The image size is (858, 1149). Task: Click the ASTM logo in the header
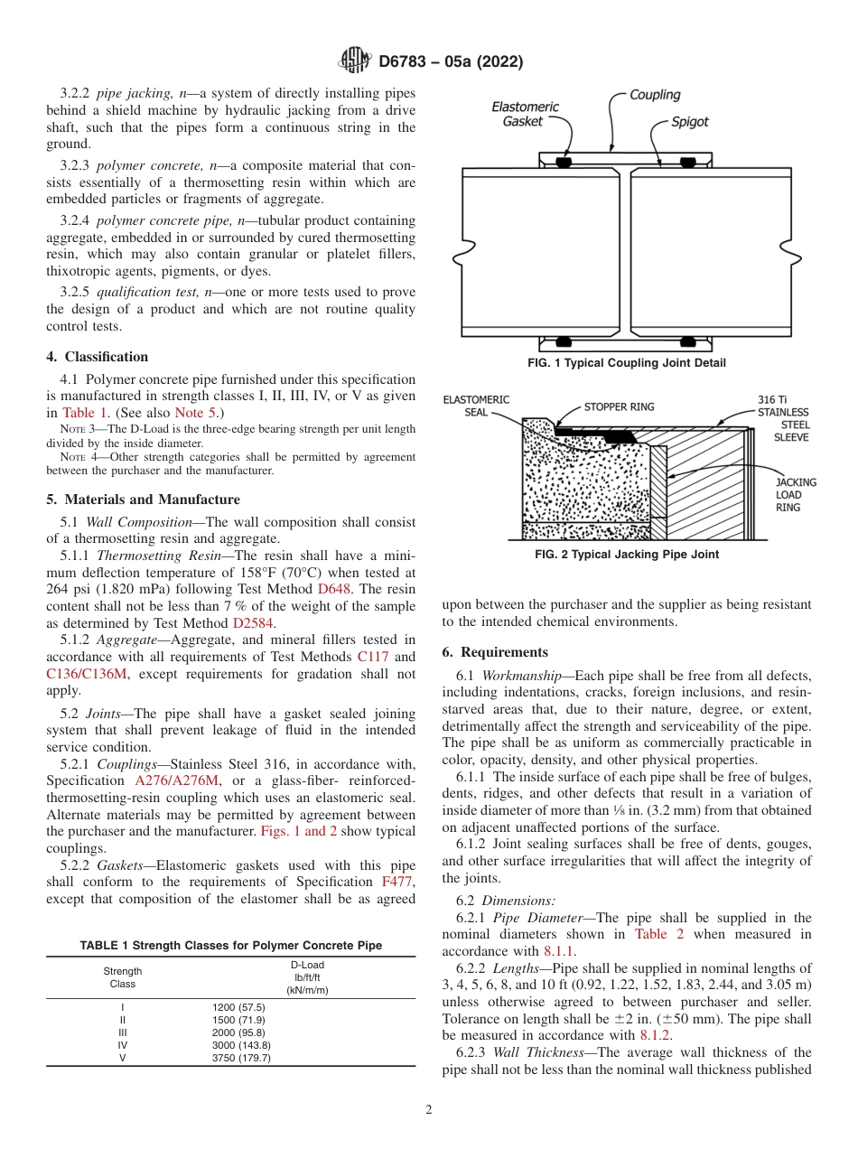354,61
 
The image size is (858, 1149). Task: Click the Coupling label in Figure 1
655,95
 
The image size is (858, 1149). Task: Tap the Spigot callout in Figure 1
690,122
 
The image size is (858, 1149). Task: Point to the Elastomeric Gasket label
525,114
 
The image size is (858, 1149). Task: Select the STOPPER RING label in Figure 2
619,407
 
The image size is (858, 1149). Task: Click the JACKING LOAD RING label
795,494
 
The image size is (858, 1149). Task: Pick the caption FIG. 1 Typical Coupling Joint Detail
627,363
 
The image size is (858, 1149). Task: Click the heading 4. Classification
98,357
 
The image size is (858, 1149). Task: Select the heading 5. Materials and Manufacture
143,500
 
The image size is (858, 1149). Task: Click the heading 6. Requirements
495,652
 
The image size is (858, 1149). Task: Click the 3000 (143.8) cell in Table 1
241,1045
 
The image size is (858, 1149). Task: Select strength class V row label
123,1058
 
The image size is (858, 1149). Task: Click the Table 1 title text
231,946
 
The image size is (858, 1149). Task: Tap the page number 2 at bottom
429,1111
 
